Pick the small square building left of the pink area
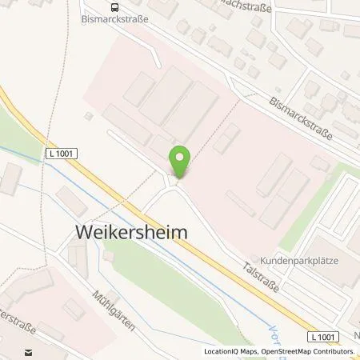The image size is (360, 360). click(x=88, y=116)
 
